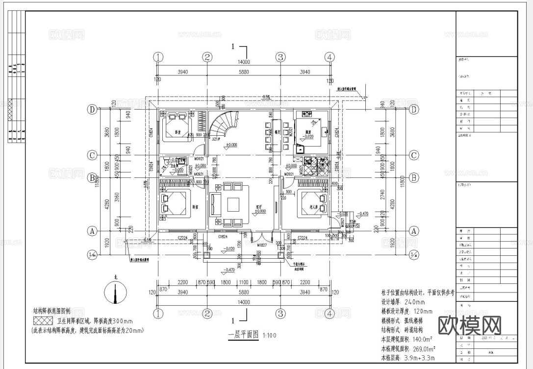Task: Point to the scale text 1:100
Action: pos(269,336)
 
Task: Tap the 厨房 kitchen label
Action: pos(307,132)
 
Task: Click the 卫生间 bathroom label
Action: pos(173,166)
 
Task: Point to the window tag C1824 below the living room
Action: pos(223,236)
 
